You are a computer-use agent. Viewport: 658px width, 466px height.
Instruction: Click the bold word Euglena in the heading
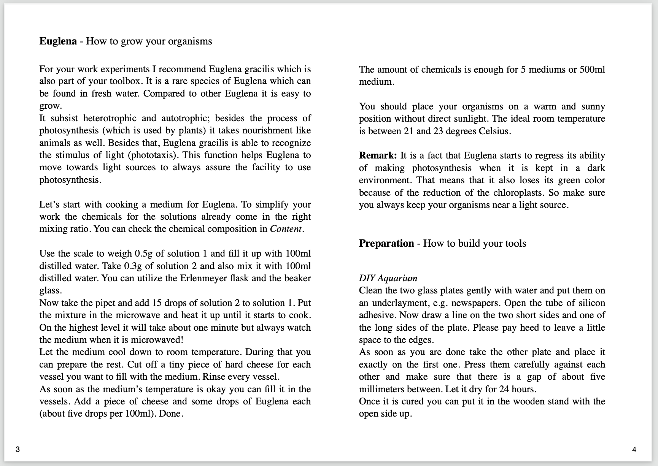(x=58, y=41)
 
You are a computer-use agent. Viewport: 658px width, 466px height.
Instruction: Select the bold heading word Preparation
(x=386, y=243)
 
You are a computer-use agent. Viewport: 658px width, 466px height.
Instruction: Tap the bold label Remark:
(x=378, y=155)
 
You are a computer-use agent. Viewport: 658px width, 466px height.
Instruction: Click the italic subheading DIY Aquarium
(x=388, y=278)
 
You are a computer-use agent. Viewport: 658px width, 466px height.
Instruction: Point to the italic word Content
(x=286, y=229)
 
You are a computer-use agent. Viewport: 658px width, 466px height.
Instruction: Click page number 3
(x=17, y=450)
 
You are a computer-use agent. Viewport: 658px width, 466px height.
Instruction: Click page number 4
(x=634, y=450)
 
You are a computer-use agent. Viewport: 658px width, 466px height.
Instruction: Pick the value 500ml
(x=592, y=70)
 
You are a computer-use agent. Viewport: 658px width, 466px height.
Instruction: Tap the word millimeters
(x=381, y=389)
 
